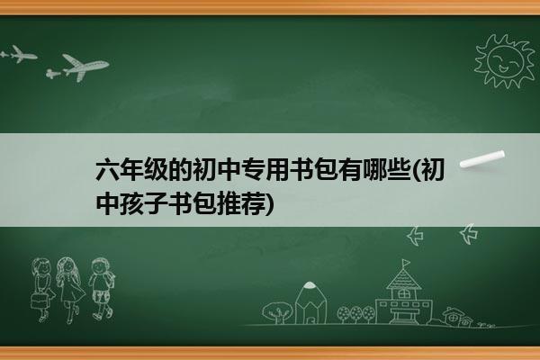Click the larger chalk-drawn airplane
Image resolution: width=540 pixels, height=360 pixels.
(x=83, y=66)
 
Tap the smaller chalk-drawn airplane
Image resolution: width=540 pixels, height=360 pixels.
(x=19, y=54)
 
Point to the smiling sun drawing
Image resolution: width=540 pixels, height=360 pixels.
(x=504, y=61)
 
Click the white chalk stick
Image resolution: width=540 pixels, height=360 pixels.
(x=482, y=159)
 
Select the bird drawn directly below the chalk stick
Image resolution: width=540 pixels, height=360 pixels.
(x=469, y=234)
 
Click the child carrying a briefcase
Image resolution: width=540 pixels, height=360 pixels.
(x=42, y=289)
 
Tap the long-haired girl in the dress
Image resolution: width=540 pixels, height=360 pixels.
(x=70, y=289)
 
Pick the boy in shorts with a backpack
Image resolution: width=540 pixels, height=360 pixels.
(x=102, y=288)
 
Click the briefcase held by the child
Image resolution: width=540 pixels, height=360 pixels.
(x=39, y=301)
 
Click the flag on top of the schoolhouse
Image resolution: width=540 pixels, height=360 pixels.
(x=406, y=264)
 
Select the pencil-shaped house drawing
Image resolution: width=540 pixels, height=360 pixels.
(x=310, y=303)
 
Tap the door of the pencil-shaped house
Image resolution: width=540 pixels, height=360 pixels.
(x=310, y=319)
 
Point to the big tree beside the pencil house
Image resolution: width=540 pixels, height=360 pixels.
(x=277, y=311)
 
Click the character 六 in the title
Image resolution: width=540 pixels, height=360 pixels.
(x=108, y=169)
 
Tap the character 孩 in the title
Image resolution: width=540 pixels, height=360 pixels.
(x=132, y=202)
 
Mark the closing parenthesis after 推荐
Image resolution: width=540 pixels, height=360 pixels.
(x=270, y=203)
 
